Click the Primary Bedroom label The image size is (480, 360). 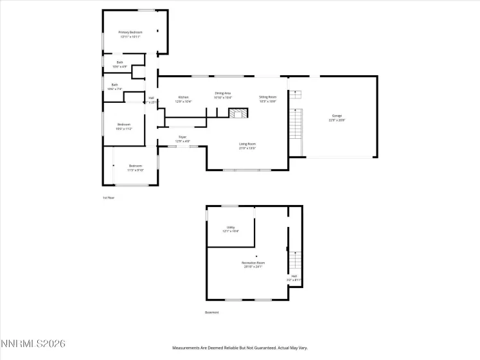130,34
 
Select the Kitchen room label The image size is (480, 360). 184,99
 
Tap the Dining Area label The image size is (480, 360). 223,95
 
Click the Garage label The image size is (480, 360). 337,118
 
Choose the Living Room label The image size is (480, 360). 247,146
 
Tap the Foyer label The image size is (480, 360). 182,138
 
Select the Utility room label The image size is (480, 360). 231,229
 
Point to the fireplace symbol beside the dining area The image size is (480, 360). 238,114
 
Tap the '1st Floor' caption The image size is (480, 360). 109,197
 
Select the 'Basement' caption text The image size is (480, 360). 211,312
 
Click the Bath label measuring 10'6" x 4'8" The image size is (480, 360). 120,64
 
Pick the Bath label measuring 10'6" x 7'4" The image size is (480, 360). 115,87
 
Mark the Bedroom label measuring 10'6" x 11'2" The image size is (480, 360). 123,126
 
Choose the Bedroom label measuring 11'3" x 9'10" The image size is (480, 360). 135,168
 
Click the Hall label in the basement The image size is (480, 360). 294,278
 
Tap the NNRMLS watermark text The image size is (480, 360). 33,345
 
